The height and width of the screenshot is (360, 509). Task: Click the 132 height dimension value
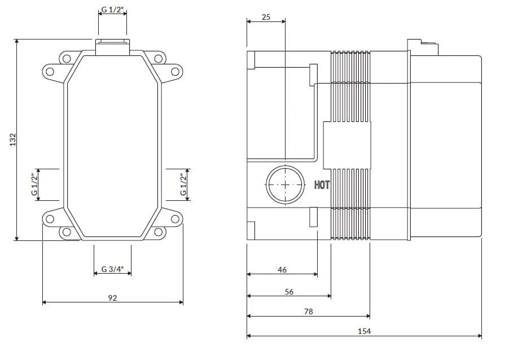click(x=12, y=139)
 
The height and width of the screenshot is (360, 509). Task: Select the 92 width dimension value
click(x=112, y=298)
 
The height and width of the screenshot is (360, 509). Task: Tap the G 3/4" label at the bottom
click(x=112, y=269)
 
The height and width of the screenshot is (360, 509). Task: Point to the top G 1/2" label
click(x=113, y=10)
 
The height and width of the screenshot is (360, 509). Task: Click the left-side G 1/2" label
click(x=34, y=185)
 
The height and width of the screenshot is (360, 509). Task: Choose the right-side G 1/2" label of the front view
click(x=184, y=185)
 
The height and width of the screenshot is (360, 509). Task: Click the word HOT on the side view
click(x=322, y=185)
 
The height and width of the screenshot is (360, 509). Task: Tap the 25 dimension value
click(x=266, y=17)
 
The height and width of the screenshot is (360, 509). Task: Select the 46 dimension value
click(x=282, y=270)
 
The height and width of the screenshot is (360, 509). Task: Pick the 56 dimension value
click(x=289, y=292)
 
